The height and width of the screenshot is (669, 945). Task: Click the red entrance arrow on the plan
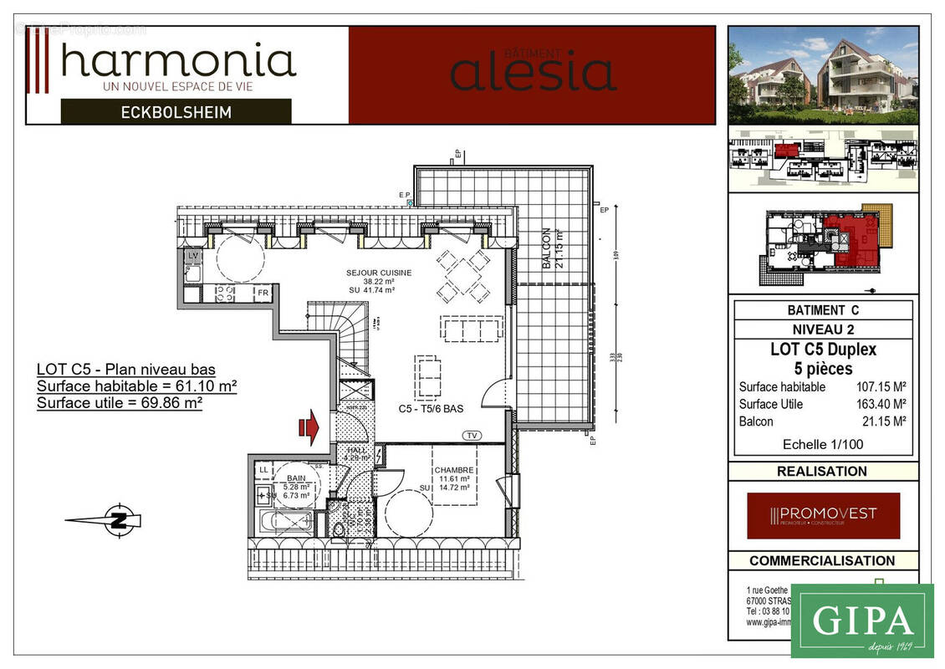(309, 428)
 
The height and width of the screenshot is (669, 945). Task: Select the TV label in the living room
(473, 435)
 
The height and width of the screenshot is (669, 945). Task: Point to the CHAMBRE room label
(453, 470)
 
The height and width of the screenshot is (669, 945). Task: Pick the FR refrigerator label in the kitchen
(263, 293)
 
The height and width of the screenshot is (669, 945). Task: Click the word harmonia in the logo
(178, 60)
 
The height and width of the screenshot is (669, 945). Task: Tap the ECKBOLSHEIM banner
(176, 111)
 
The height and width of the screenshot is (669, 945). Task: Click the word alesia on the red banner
(533, 72)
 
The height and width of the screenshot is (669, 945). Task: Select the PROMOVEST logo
(823, 515)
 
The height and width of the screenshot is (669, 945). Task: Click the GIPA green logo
(861, 620)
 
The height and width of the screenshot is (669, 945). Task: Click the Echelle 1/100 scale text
(823, 444)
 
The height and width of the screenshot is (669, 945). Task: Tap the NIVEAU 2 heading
(823, 329)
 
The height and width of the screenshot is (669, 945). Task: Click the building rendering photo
(823, 75)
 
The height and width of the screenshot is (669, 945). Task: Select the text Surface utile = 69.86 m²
(120, 403)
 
